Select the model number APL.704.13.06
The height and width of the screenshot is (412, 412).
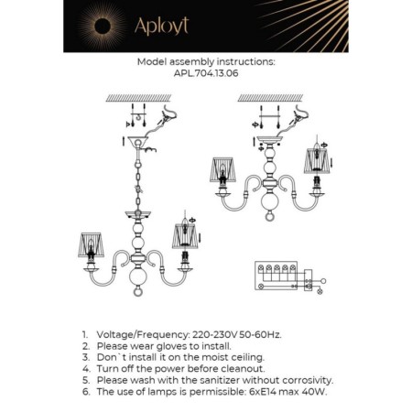pyautogui.click(x=205, y=74)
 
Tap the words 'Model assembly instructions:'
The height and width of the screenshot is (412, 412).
pyautogui.click(x=205, y=62)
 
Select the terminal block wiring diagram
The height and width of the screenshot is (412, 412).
pyautogui.click(x=285, y=275)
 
